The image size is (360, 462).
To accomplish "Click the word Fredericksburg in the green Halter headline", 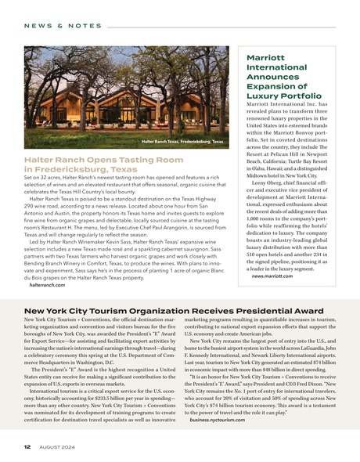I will coord(71,169).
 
